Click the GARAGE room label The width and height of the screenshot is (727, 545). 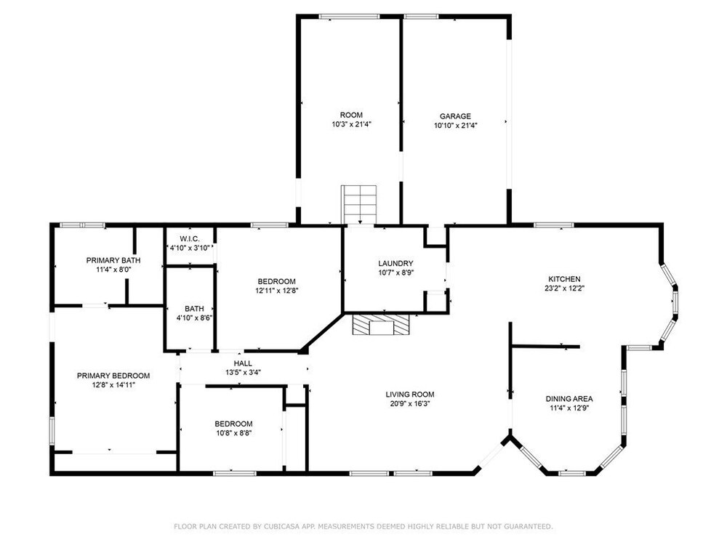(455, 116)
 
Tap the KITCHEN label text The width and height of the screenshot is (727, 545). (564, 279)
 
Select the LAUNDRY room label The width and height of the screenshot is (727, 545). (395, 263)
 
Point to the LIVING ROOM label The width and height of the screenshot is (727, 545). (410, 395)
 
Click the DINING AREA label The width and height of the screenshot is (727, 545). (569, 398)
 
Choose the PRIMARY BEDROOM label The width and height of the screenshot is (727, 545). (113, 376)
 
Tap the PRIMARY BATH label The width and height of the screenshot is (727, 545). (113, 260)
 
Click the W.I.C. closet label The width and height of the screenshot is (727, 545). (190, 238)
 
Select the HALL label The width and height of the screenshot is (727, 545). (243, 363)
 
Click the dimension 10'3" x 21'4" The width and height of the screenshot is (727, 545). (351, 124)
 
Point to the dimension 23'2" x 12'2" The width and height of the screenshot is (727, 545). (564, 288)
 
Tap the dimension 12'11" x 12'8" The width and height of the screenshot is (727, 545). (276, 291)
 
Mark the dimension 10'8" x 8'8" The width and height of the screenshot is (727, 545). (233, 433)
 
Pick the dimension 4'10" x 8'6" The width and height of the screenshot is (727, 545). (194, 318)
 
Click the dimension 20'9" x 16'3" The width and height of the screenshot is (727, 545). (410, 403)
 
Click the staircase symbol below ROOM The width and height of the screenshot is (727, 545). (359, 204)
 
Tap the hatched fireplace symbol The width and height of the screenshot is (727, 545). (381, 325)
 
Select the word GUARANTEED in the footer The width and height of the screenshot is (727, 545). (533, 526)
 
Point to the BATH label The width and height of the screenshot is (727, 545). (194, 309)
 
